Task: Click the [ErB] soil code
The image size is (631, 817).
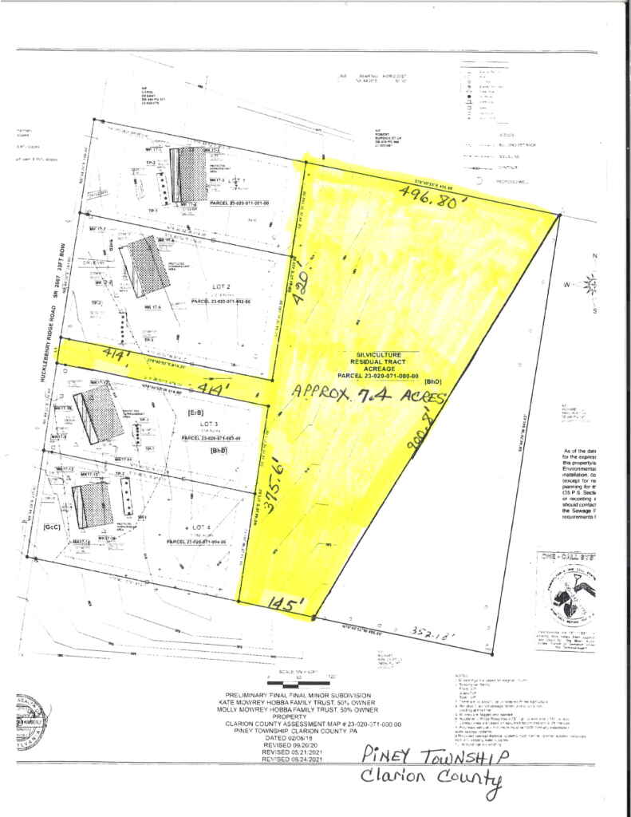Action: pyautogui.click(x=194, y=412)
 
